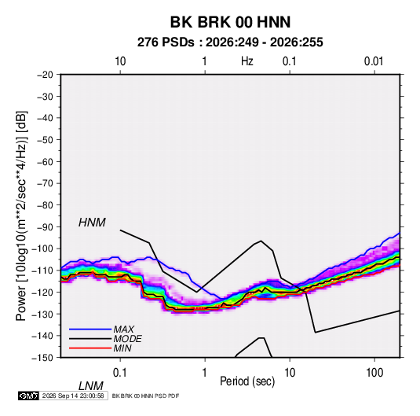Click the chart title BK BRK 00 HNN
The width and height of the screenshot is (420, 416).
click(x=230, y=22)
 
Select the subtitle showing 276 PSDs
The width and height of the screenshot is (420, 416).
click(x=230, y=42)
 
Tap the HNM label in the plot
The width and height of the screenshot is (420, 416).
click(x=92, y=223)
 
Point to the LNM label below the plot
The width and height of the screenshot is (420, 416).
click(x=91, y=386)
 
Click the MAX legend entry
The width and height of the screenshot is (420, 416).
click(x=124, y=329)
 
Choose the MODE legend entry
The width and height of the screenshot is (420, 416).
click(x=127, y=339)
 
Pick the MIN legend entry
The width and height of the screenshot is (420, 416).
click(x=122, y=348)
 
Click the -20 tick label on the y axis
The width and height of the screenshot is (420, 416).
click(x=45, y=75)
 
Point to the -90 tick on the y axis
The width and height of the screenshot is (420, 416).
click(x=45, y=226)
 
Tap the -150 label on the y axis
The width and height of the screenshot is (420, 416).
click(x=42, y=358)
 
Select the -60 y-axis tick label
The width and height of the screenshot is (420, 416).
click(x=45, y=161)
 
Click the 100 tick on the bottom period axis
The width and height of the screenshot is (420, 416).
click(x=374, y=373)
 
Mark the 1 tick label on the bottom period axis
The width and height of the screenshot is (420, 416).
click(x=205, y=373)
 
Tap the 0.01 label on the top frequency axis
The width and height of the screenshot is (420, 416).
click(x=374, y=61)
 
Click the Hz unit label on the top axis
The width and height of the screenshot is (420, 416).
click(x=247, y=61)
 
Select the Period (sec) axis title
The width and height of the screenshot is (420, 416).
click(x=247, y=381)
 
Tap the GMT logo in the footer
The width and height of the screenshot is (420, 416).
click(x=28, y=396)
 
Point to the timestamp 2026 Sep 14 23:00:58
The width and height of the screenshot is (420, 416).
click(x=73, y=396)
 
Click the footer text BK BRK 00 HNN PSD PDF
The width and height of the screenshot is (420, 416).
click(x=145, y=396)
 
